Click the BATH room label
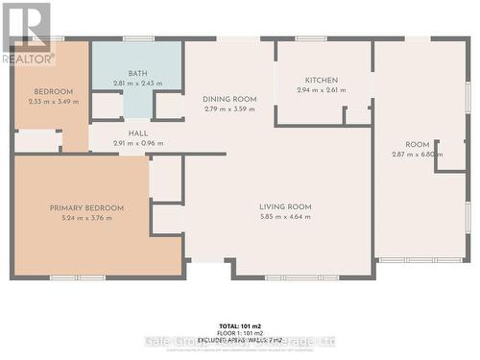(x=138, y=74)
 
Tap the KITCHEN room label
(x=322, y=80)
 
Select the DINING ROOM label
(x=229, y=99)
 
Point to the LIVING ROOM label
(x=286, y=206)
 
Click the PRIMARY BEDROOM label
(x=87, y=207)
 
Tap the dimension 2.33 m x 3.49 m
(x=52, y=102)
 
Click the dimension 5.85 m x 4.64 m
(x=286, y=217)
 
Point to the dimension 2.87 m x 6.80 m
(x=417, y=155)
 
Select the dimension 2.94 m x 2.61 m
(x=322, y=90)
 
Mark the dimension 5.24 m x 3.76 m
(x=87, y=218)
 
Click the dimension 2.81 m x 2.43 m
(x=138, y=84)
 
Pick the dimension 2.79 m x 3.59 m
(x=229, y=109)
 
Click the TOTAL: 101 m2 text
(x=240, y=326)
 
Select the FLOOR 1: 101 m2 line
(x=240, y=333)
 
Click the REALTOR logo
(x=28, y=34)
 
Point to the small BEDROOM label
(x=52, y=92)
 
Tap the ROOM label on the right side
(x=417, y=145)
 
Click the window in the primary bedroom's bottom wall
(x=77, y=277)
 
